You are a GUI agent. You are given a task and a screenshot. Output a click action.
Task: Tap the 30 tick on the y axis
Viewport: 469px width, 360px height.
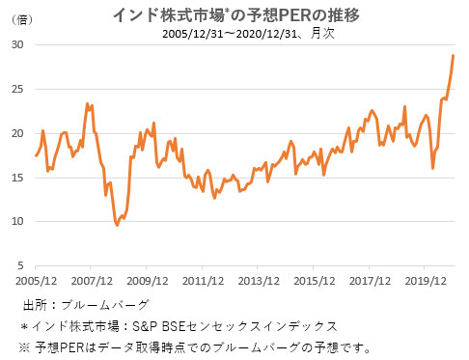point(18,45)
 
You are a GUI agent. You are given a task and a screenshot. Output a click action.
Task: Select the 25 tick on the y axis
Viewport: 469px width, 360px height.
point(18,90)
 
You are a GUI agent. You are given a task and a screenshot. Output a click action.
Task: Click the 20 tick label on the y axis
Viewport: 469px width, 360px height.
point(18,133)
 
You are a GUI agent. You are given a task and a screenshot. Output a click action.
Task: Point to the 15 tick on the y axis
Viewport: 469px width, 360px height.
point(18,178)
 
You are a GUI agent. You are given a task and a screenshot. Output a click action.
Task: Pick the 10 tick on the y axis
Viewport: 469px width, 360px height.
point(18,221)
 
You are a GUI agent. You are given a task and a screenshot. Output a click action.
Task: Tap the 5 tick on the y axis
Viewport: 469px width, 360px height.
point(21,265)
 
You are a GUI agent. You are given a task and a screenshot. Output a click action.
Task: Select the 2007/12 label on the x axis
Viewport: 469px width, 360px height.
point(92,281)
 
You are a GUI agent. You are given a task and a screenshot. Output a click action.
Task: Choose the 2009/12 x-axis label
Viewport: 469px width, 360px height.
point(147,281)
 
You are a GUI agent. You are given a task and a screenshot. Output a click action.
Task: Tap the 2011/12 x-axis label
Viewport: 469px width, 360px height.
point(202,281)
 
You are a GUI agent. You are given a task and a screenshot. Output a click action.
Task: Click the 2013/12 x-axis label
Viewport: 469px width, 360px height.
point(258,281)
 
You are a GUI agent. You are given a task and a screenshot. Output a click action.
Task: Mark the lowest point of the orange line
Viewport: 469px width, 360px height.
point(117,225)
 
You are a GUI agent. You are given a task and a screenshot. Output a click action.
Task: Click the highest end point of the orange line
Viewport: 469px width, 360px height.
point(454,56)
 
